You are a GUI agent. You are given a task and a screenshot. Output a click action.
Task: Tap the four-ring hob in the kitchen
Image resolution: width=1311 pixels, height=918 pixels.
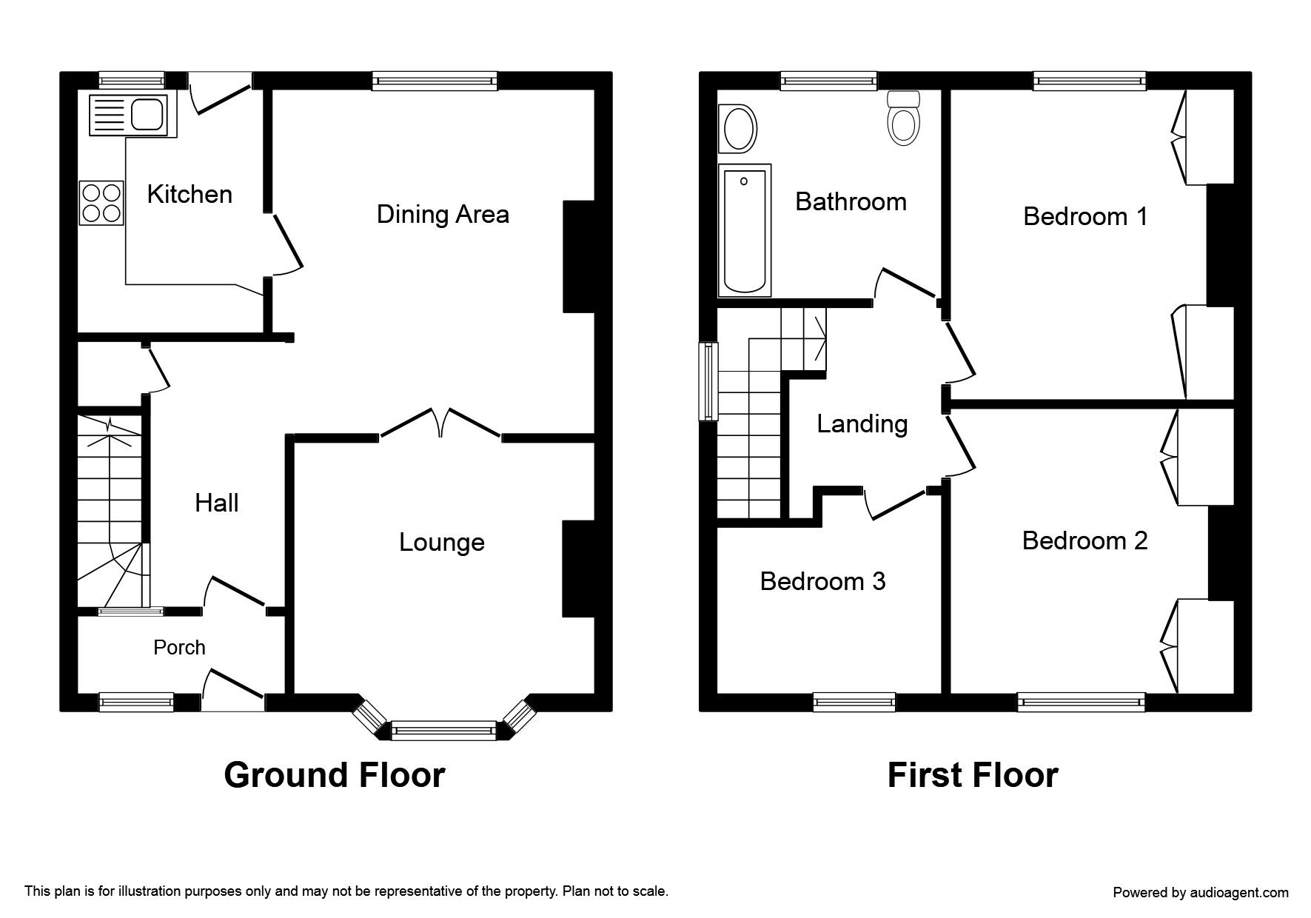(x=101, y=202)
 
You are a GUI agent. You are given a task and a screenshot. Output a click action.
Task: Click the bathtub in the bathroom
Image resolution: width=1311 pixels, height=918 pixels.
(x=745, y=229)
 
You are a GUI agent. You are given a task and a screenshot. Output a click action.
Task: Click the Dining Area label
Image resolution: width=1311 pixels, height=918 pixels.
(x=443, y=215)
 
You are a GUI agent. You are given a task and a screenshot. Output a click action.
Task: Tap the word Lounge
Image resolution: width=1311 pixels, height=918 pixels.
(x=441, y=543)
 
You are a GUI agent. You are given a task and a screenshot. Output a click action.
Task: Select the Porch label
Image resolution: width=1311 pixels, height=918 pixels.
(x=179, y=648)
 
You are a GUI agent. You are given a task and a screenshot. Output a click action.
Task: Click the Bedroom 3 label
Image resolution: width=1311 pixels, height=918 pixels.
(x=822, y=582)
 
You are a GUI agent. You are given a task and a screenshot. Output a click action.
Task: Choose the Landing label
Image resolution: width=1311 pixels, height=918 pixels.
(x=862, y=424)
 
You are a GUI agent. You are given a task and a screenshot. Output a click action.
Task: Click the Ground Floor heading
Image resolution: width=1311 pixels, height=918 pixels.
(x=334, y=775)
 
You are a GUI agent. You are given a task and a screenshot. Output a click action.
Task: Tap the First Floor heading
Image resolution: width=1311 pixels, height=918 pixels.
(x=972, y=775)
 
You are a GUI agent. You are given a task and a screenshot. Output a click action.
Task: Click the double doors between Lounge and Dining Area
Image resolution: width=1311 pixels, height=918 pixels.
(x=440, y=426)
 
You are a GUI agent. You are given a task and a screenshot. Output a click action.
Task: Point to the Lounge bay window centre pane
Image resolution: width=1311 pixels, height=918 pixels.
(x=443, y=731)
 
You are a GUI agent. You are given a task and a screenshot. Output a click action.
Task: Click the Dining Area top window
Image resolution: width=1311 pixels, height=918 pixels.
(x=435, y=81)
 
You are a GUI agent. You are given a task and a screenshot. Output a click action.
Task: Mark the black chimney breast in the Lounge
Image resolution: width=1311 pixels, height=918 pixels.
(x=578, y=569)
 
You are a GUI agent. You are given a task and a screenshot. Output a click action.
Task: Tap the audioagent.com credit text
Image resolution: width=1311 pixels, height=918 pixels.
(x=1200, y=893)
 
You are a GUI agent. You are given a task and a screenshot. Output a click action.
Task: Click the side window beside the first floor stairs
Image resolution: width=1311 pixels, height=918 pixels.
(x=709, y=381)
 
